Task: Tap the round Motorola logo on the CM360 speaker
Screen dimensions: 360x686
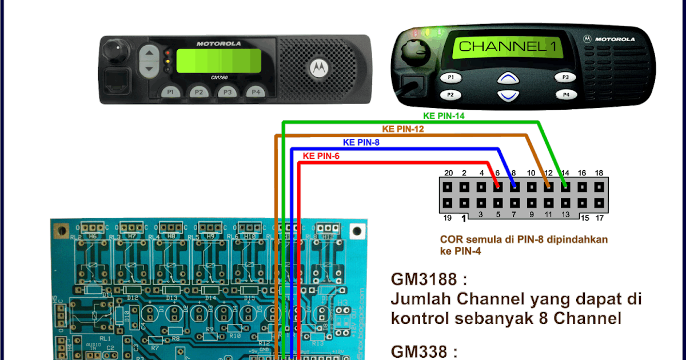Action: (x=316, y=68)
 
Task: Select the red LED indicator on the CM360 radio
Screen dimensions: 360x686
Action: (x=167, y=53)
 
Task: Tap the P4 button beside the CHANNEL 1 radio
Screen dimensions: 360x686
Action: (x=566, y=95)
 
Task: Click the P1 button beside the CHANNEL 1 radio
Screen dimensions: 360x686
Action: (x=451, y=77)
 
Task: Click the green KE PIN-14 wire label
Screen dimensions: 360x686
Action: (x=444, y=115)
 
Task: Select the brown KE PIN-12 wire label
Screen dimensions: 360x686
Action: (x=403, y=129)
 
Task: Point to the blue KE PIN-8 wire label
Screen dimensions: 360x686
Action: (x=361, y=142)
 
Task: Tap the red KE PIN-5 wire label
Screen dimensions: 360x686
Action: (x=321, y=155)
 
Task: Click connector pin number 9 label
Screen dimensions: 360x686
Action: (x=532, y=215)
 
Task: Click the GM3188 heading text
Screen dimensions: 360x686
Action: (x=424, y=279)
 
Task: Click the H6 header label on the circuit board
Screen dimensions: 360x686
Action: (x=93, y=235)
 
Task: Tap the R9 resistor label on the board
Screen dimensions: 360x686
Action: (x=209, y=329)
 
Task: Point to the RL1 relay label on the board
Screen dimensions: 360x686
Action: (x=105, y=338)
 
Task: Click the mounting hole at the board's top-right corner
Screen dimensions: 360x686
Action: (x=357, y=231)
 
